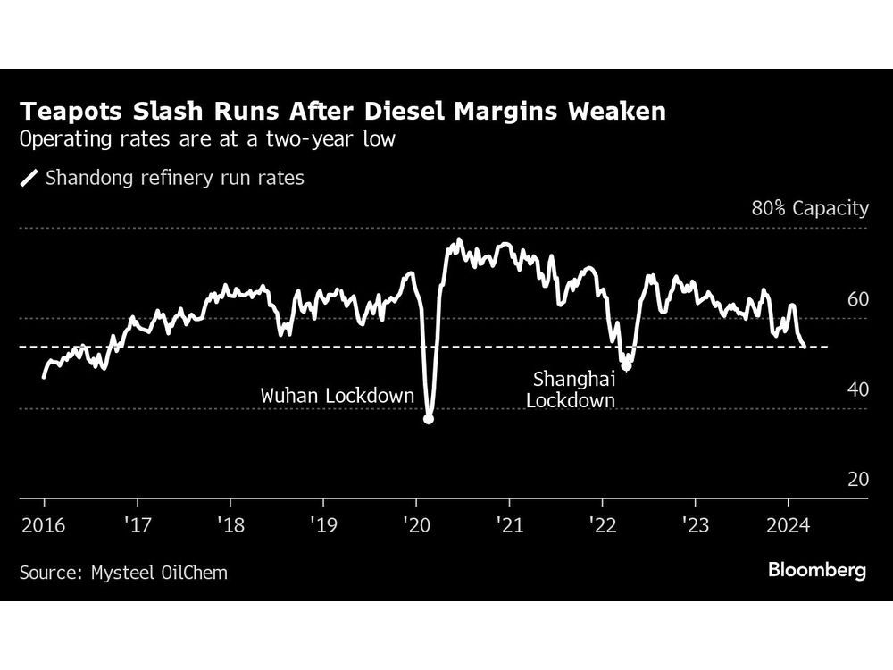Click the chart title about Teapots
343,113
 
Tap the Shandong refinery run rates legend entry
163,178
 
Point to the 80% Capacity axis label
810,209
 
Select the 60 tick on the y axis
857,299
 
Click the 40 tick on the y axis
857,389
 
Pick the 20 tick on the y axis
857,480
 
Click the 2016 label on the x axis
43,523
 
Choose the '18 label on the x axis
230,523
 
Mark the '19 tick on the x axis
322,523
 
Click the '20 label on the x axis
416,523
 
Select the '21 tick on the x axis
509,523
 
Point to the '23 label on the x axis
696,523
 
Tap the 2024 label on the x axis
789,523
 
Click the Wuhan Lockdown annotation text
338,395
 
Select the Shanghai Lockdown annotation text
571,389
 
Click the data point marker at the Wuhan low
429,418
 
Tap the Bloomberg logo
817,570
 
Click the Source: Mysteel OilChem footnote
123,572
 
